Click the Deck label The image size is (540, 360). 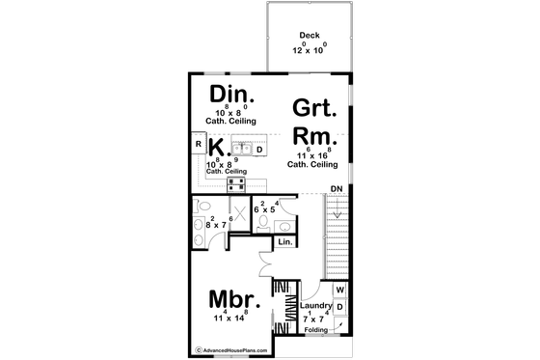pyautogui.click(x=310, y=36)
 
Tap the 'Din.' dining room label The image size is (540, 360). pyautogui.click(x=231, y=95)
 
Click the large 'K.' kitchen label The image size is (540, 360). pyautogui.click(x=218, y=148)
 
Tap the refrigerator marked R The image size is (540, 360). pyautogui.click(x=198, y=145)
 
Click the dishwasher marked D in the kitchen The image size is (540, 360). pyautogui.click(x=259, y=149)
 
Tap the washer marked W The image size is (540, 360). pyautogui.click(x=339, y=290)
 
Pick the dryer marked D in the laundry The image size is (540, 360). pyautogui.click(x=339, y=308)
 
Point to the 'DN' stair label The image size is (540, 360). pyautogui.click(x=337, y=189)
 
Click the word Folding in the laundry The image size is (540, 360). pyautogui.click(x=316, y=330)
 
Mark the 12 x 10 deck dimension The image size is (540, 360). pyautogui.click(x=310, y=48)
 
